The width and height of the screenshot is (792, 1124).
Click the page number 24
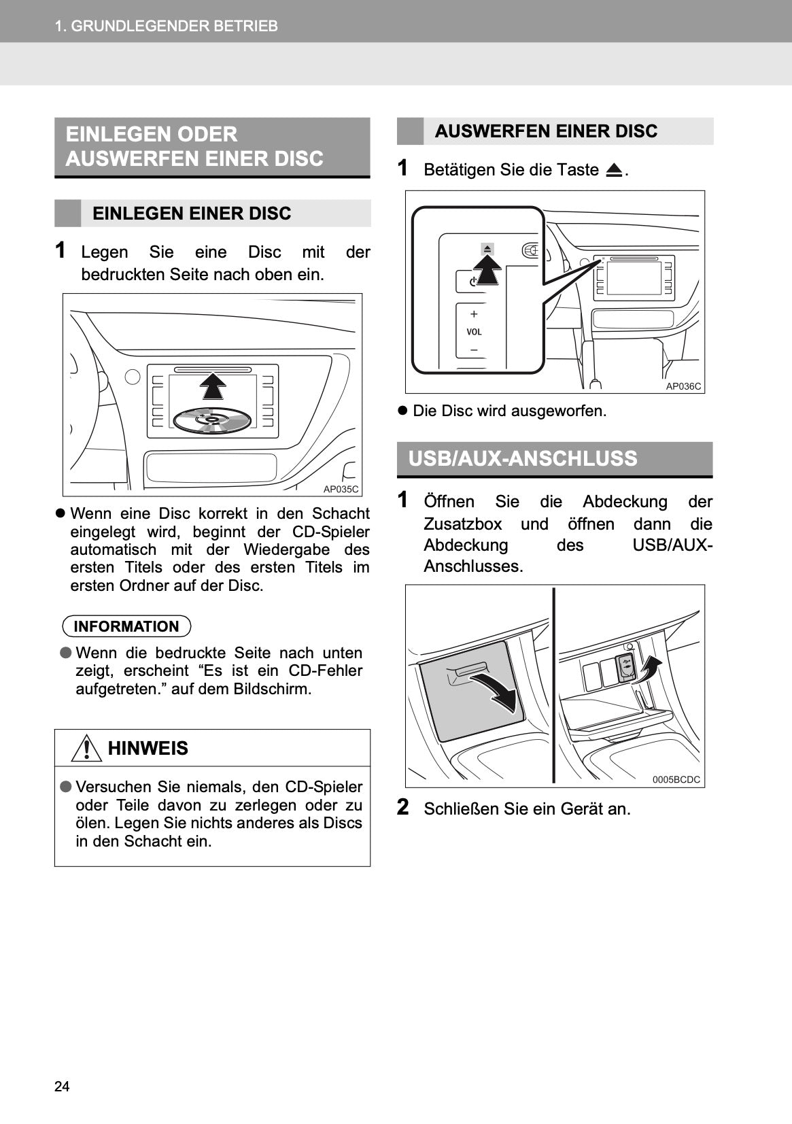coord(62,1086)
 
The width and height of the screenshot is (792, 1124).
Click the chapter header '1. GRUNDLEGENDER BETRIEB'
coord(166,26)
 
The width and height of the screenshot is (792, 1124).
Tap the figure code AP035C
coord(341,489)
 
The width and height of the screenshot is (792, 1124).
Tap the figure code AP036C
coord(683,386)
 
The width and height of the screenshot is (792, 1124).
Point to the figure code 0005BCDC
coord(676,780)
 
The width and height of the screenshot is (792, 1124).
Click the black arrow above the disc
coord(213,387)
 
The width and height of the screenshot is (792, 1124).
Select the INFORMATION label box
coord(126,626)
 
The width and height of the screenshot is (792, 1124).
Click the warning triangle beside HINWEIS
coord(86,749)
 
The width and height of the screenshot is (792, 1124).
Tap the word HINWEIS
coord(148,748)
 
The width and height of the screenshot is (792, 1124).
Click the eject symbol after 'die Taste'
coord(614,170)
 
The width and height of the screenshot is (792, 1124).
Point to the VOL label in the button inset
coord(474,332)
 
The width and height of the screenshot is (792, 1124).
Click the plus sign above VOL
coord(474,314)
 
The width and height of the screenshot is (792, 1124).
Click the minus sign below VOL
coord(474,350)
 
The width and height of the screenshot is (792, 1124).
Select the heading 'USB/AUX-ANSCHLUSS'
coord(523,458)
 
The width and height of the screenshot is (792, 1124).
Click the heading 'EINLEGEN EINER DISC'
coord(192,214)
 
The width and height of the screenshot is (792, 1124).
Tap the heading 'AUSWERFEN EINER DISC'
coord(546,131)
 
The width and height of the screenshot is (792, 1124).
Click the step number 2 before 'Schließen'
coord(403,807)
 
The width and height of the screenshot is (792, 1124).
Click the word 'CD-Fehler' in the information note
coord(325,670)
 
